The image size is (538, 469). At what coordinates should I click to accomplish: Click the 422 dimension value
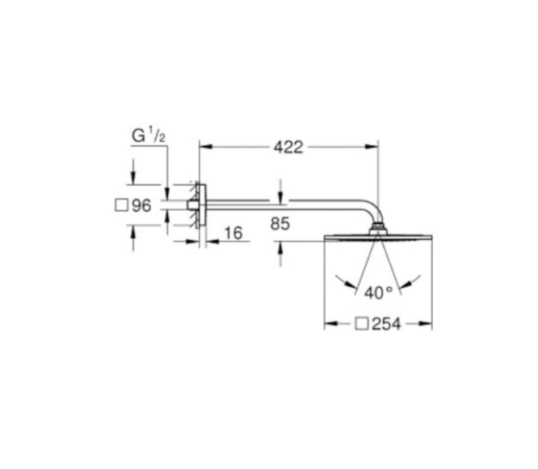(x=288, y=147)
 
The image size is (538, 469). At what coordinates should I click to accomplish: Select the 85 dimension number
(x=280, y=224)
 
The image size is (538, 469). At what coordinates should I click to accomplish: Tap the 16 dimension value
(x=233, y=233)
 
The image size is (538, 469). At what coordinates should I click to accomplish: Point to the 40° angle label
(x=378, y=293)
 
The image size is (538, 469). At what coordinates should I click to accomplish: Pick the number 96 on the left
(x=141, y=206)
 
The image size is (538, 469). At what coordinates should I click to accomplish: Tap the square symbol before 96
(x=120, y=206)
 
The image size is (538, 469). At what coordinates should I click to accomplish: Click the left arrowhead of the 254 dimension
(x=328, y=325)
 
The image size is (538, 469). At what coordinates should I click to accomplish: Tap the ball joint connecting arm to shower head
(x=377, y=229)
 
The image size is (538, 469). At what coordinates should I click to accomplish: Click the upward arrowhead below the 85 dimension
(x=280, y=246)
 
